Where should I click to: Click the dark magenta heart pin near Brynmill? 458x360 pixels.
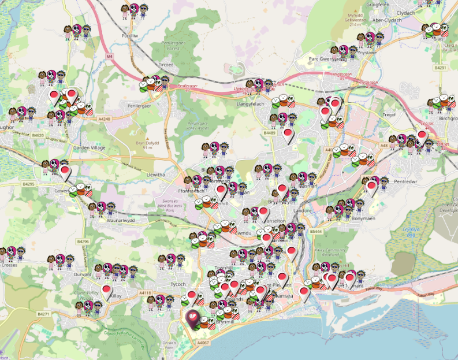pos(192,317)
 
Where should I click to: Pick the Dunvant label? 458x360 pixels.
pos(83,276)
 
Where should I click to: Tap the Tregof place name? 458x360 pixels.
pos(389,114)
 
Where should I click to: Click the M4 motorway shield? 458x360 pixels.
pos(110,56)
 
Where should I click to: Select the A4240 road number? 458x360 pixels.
pos(105,119)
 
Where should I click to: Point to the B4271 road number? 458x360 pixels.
pos(44,314)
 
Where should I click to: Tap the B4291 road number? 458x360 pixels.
pos(441,68)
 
